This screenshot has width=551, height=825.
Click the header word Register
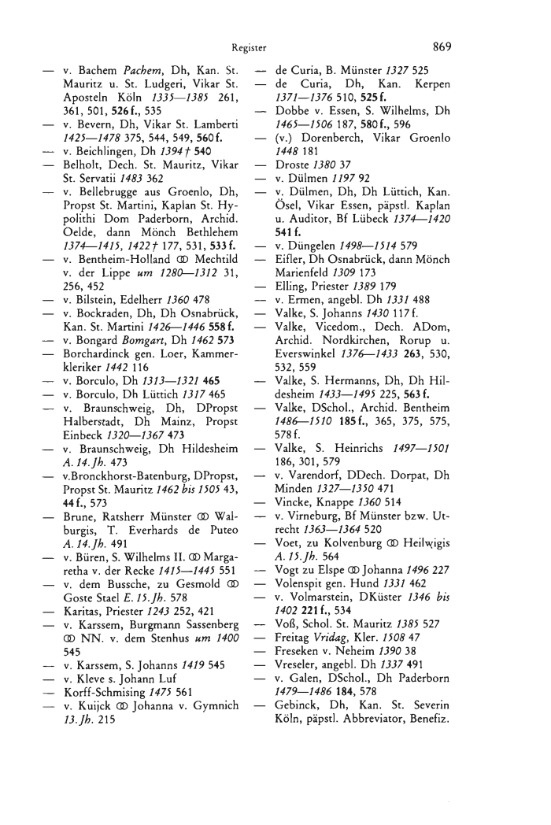tap(253, 47)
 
